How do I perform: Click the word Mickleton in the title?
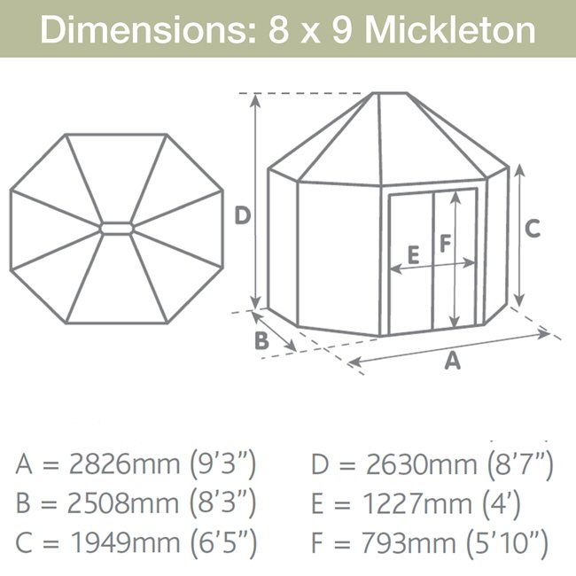(449, 29)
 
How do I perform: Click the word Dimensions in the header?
(148, 29)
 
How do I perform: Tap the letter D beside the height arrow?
(243, 215)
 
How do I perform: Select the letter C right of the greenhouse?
(533, 228)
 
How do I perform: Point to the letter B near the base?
(261, 340)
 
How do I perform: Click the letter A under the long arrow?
(452, 360)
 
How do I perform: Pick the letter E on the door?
(414, 255)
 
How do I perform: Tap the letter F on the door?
(445, 243)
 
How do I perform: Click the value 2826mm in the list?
(124, 464)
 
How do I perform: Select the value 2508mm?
(123, 503)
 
